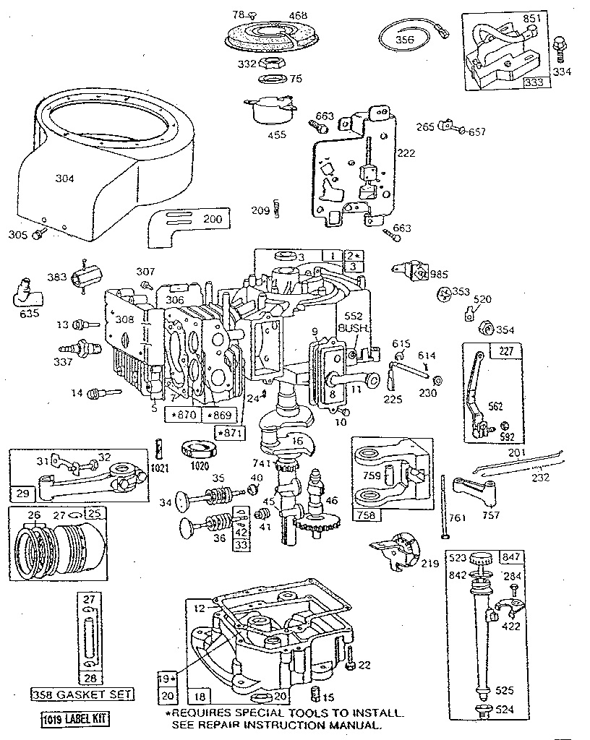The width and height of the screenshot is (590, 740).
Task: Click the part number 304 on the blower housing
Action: [65, 177]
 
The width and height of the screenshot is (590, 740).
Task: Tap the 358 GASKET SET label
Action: [82, 694]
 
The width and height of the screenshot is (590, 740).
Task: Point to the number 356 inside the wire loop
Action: [405, 40]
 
